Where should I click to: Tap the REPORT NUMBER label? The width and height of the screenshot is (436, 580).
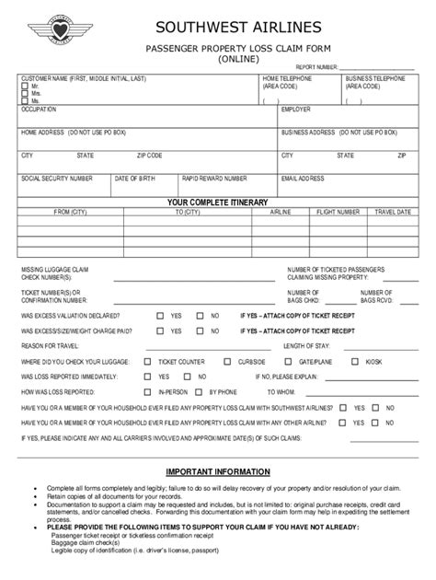click(318, 67)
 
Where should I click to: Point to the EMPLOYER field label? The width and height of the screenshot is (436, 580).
click(296, 109)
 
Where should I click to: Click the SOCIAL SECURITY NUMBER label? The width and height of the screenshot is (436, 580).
click(56, 179)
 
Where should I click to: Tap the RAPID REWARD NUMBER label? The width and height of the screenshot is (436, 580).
click(214, 179)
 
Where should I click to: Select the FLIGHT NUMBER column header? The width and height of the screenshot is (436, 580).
click(337, 212)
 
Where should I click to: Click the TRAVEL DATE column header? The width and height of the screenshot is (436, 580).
click(392, 212)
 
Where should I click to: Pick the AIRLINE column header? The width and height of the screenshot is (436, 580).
click(280, 212)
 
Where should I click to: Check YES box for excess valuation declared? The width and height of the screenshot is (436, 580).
click(160, 315)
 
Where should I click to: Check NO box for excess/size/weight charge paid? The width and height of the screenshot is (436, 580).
click(202, 330)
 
